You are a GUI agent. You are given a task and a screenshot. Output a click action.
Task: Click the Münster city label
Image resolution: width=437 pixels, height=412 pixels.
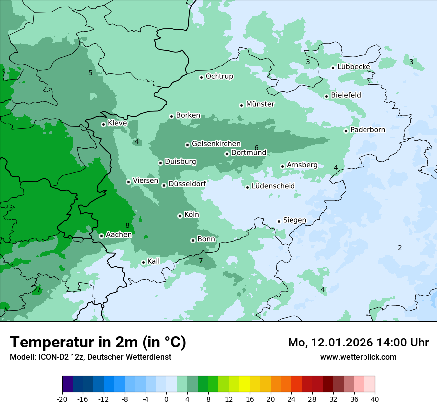[x=260, y=104]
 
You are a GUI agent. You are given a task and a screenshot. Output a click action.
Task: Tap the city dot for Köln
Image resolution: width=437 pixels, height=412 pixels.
[x=180, y=216]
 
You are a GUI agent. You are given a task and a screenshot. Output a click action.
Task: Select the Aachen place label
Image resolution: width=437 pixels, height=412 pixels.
[x=119, y=234]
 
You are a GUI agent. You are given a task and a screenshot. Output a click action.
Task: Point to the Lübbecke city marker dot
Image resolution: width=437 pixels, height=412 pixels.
[x=333, y=68]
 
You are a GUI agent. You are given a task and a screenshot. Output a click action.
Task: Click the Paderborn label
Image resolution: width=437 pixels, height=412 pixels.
[x=367, y=130]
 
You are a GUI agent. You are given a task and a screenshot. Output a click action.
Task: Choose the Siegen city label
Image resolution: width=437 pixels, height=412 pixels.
[x=294, y=220]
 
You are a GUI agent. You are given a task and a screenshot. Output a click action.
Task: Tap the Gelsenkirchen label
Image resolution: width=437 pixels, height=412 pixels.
[x=216, y=144]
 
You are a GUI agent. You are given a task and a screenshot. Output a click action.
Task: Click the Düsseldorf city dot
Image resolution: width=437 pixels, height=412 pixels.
[x=164, y=185]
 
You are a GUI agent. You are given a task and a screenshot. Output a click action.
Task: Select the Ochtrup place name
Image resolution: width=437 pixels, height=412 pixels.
[x=219, y=76]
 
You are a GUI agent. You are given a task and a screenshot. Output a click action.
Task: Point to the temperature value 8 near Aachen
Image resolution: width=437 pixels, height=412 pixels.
[x=127, y=225]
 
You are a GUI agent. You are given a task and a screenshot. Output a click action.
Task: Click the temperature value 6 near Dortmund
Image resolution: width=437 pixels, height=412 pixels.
[x=256, y=148]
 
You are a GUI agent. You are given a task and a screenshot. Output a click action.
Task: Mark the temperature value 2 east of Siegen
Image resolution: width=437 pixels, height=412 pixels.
[x=400, y=248]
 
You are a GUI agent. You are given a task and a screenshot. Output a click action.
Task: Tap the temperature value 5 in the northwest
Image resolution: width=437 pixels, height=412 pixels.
[x=90, y=73]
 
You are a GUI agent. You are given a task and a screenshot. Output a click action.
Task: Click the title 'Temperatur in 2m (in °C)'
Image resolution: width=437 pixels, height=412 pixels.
[x=98, y=343]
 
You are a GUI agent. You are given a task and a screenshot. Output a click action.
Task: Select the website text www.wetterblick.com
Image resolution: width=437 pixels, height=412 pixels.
[x=358, y=357]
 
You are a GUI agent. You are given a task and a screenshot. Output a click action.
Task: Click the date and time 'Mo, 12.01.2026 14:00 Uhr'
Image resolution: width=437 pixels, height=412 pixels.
[x=358, y=343]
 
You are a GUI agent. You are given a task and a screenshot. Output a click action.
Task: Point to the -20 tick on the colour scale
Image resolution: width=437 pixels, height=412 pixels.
[x=62, y=399]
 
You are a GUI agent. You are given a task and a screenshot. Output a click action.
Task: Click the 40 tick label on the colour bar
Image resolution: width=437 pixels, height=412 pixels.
[x=375, y=399]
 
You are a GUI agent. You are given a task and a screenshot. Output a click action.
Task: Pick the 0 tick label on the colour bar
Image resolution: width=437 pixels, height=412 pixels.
[x=166, y=399]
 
